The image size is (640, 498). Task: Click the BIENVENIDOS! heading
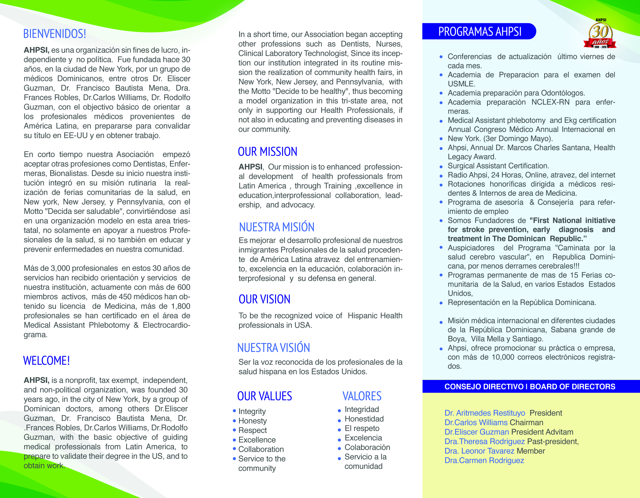55,34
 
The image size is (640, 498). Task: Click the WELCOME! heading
46,360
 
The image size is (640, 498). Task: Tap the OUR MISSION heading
267,151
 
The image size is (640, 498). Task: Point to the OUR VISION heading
264,299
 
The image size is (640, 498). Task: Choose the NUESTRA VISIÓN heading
273,348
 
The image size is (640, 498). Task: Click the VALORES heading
362,396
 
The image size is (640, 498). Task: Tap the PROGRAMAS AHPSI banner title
479,32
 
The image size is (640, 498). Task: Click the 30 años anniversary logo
600,34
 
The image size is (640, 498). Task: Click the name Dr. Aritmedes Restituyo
485,413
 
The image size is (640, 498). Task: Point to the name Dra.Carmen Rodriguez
484,461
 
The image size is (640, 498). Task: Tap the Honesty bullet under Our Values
252,421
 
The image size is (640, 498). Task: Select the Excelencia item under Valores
363,438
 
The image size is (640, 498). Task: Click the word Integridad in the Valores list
362,409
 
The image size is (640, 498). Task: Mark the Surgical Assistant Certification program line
498,166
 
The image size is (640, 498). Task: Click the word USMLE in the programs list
461,84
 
